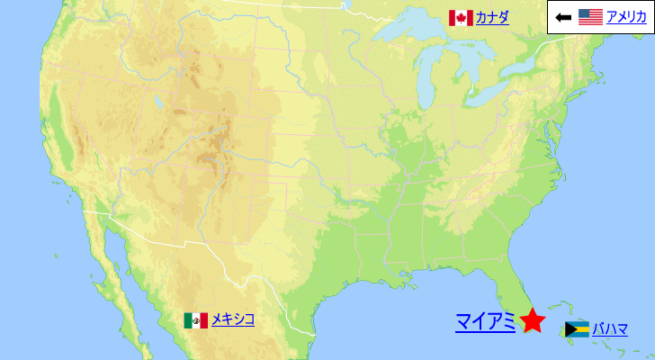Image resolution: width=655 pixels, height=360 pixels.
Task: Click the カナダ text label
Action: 491,17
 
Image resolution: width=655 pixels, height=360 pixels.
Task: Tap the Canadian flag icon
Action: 461,18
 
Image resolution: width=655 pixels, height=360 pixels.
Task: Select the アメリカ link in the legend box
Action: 625,16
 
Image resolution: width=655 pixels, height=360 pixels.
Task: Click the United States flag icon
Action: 590,16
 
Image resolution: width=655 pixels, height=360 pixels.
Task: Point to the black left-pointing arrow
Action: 563,17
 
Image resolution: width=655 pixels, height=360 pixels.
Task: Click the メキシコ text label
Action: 233,319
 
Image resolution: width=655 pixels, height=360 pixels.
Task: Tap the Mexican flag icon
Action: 196,320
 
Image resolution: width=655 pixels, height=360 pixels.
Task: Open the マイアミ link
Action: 485,321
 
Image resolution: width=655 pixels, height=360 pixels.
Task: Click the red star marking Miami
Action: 533,320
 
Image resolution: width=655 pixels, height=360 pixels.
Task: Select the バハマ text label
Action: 610,328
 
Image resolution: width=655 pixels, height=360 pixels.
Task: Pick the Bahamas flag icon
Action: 577,329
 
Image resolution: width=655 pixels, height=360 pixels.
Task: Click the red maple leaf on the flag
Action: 461,18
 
